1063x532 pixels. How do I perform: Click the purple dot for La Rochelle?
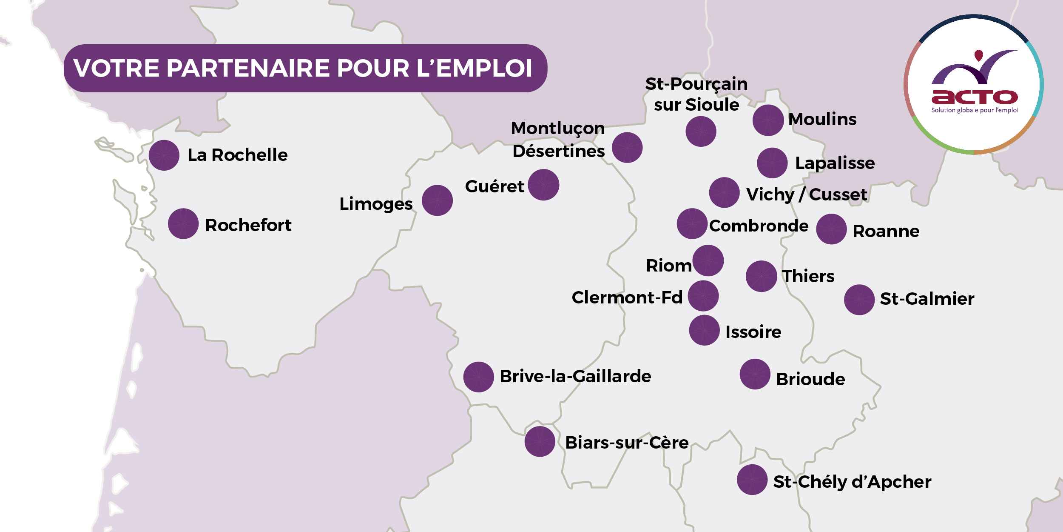(x=164, y=155)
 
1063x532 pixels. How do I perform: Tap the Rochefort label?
(x=248, y=225)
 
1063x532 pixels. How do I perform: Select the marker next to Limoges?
(x=437, y=200)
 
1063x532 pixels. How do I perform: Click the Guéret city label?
(x=494, y=186)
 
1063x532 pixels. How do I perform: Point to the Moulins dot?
(x=768, y=120)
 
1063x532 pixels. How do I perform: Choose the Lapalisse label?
(x=835, y=163)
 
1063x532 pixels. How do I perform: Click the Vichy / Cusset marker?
(x=724, y=193)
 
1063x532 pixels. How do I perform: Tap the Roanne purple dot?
(x=831, y=229)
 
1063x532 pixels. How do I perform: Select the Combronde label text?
(x=759, y=226)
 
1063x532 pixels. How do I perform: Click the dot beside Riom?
(x=708, y=260)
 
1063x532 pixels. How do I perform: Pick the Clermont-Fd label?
(x=627, y=297)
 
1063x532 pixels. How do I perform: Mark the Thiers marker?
(x=761, y=276)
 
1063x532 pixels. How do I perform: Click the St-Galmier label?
(x=927, y=299)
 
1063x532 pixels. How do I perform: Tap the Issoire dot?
(x=704, y=330)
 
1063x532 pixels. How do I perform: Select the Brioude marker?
(x=755, y=374)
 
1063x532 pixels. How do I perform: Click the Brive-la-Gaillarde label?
(x=575, y=376)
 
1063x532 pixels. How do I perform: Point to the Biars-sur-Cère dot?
(x=540, y=442)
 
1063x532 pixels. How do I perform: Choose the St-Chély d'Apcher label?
(x=852, y=482)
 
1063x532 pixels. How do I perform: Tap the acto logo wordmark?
(x=974, y=97)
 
